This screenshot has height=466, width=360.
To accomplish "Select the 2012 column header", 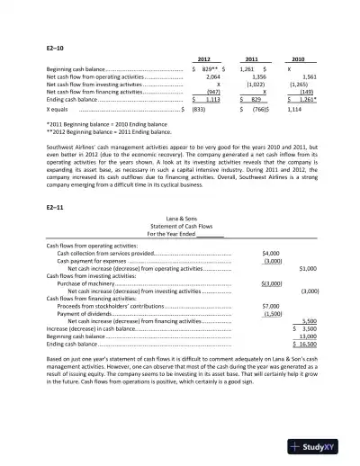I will click(203, 58).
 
